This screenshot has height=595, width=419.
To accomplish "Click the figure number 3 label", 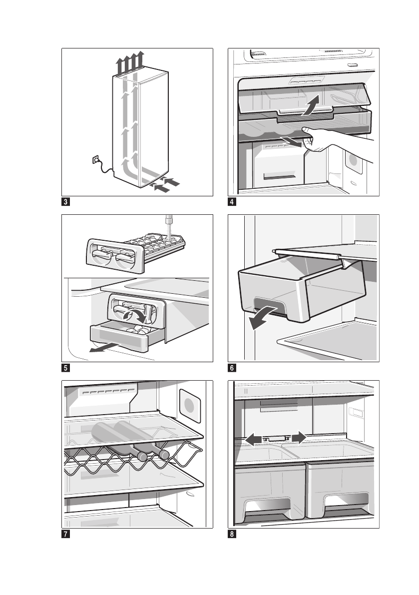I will pyautogui.click(x=65, y=202).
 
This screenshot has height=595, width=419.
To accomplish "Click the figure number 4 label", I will pyautogui.click(x=232, y=202).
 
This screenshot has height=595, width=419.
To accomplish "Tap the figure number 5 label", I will pyautogui.click(x=65, y=369).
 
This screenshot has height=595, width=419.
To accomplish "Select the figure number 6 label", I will pyautogui.click(x=232, y=369).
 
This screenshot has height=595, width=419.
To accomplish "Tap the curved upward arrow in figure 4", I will pyautogui.click(x=310, y=106).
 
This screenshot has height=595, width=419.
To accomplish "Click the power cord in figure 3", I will pyautogui.click(x=106, y=169).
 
